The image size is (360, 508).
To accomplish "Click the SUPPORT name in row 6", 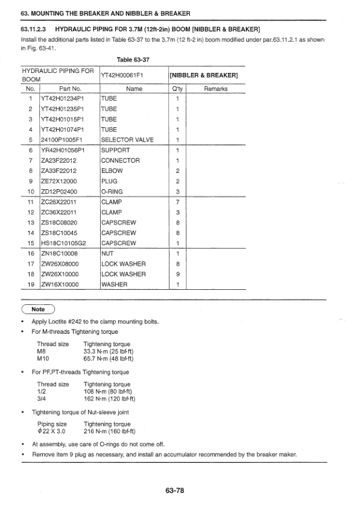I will tap(115, 151).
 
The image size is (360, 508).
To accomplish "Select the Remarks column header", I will tap(215, 88).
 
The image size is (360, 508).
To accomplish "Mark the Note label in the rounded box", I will tap(38, 310).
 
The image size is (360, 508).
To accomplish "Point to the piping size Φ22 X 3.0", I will tap(52, 431).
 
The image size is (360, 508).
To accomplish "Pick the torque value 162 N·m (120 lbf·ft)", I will tap(110, 398).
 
